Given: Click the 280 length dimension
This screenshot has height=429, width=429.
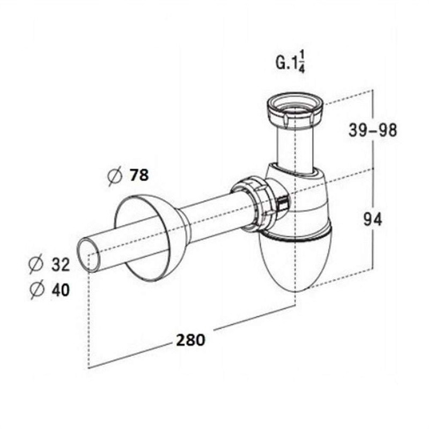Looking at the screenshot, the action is point(190,340).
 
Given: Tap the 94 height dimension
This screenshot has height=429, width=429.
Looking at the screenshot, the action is point(372,219).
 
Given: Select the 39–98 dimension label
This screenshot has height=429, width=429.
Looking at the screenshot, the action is point(372,130).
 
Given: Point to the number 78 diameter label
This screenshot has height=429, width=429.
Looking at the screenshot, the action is point(139,175).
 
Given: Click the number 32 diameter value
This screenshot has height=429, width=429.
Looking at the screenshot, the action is point(61,264).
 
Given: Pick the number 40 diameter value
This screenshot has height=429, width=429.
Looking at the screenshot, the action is point(61,290).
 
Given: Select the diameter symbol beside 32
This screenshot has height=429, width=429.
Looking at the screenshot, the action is point(36,264).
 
